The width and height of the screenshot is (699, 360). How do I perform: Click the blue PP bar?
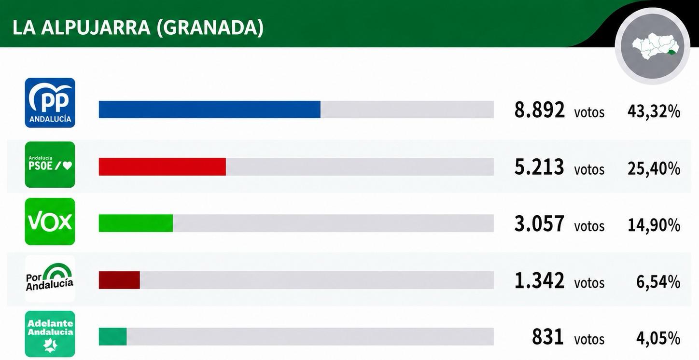[210, 110]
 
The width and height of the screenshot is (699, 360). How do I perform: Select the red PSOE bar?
[162, 166]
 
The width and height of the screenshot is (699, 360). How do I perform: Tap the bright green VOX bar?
[136, 223]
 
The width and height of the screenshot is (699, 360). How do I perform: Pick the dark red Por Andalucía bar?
[119, 280]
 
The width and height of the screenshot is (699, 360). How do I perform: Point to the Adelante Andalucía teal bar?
[112, 337]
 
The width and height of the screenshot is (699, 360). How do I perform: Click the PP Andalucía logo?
[50, 103]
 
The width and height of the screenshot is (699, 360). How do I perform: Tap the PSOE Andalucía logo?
[50, 165]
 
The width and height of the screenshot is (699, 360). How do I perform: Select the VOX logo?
[50, 222]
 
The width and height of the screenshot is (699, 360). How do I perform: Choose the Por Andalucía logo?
[50, 278]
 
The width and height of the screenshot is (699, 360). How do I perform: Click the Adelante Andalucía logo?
[50, 334]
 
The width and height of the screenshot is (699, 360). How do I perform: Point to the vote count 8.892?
[540, 110]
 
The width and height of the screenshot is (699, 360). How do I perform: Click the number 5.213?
[539, 167]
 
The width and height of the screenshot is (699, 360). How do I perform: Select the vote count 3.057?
[539, 224]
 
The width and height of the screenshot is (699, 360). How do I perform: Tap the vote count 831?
[547, 337]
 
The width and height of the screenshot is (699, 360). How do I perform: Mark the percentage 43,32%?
[654, 111]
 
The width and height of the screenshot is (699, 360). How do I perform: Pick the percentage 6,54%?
[658, 282]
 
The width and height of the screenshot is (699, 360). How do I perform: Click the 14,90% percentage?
[654, 225]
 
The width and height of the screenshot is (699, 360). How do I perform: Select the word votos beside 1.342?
[589, 283]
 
